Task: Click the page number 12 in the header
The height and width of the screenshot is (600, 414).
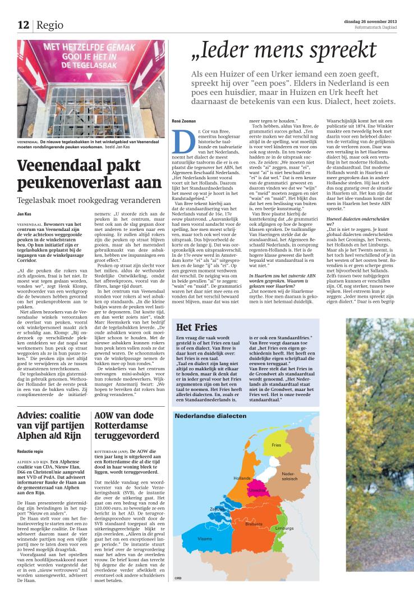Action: pos(23,25)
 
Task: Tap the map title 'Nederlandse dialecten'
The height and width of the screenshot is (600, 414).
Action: pos(210,416)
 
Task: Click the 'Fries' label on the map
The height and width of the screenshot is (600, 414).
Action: pos(276,445)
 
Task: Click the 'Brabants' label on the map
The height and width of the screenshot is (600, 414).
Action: pos(254,524)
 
